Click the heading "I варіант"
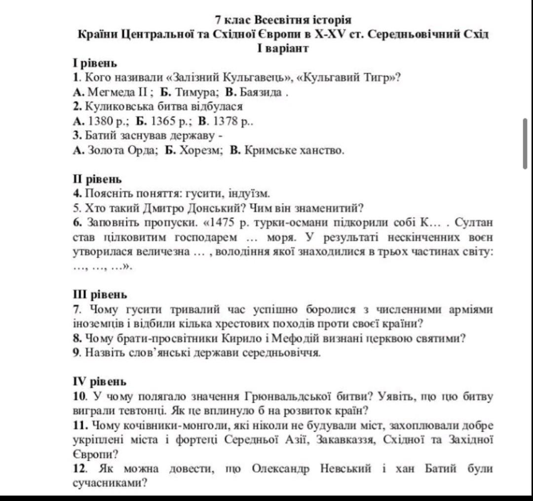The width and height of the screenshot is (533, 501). pyautogui.click(x=283, y=48)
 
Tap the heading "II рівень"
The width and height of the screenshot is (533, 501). pyautogui.click(x=97, y=179)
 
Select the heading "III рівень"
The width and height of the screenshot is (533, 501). pyautogui.click(x=100, y=294)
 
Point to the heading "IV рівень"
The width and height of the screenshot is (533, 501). pyautogui.click(x=100, y=381)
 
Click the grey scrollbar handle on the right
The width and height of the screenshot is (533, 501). pyautogui.click(x=525, y=143)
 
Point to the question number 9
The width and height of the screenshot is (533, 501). pyautogui.click(x=76, y=353)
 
